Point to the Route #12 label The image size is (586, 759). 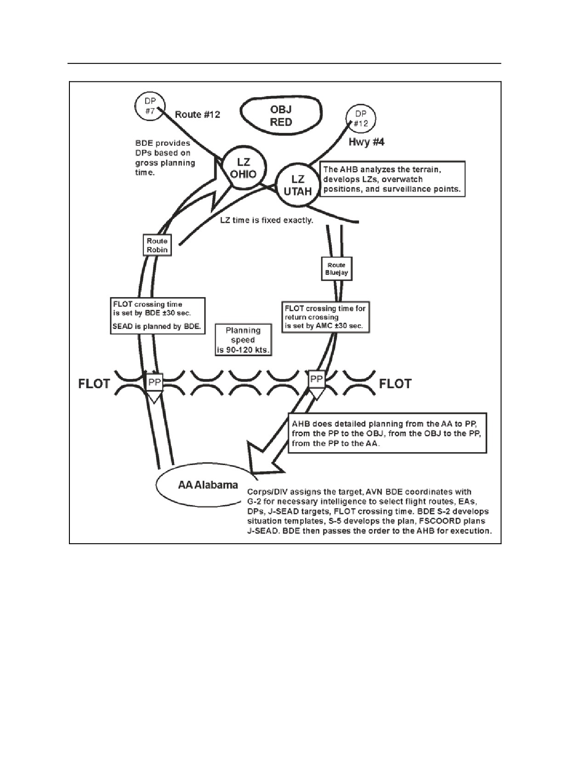click(197, 115)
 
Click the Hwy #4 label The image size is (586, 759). click(366, 142)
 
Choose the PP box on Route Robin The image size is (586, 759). click(154, 382)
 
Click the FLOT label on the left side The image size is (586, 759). click(94, 384)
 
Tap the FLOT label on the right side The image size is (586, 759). click(395, 384)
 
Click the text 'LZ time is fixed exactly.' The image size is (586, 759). click(267, 220)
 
